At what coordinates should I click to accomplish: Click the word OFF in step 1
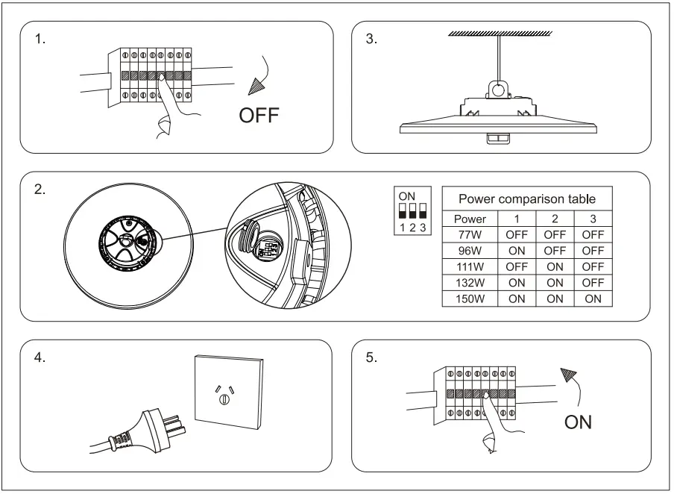click(x=258, y=116)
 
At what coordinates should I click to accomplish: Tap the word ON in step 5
click(x=578, y=422)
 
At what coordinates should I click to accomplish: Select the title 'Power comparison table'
click(x=526, y=198)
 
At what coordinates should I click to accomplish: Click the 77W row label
click(x=470, y=234)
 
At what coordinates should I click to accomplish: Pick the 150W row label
click(x=470, y=298)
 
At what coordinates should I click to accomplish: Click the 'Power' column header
click(x=470, y=219)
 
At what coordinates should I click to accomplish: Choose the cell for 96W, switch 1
click(x=517, y=251)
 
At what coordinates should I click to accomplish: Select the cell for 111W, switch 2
click(x=555, y=266)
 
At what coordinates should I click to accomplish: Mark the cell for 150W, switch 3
click(x=593, y=298)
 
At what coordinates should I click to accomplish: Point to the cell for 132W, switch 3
click(x=593, y=283)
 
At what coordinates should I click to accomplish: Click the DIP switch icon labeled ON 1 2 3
click(x=412, y=212)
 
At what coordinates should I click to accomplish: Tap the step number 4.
click(x=40, y=357)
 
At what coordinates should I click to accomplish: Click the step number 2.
click(x=40, y=189)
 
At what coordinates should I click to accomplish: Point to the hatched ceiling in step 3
click(x=500, y=34)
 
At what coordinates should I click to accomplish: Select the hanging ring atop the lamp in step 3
click(x=495, y=89)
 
